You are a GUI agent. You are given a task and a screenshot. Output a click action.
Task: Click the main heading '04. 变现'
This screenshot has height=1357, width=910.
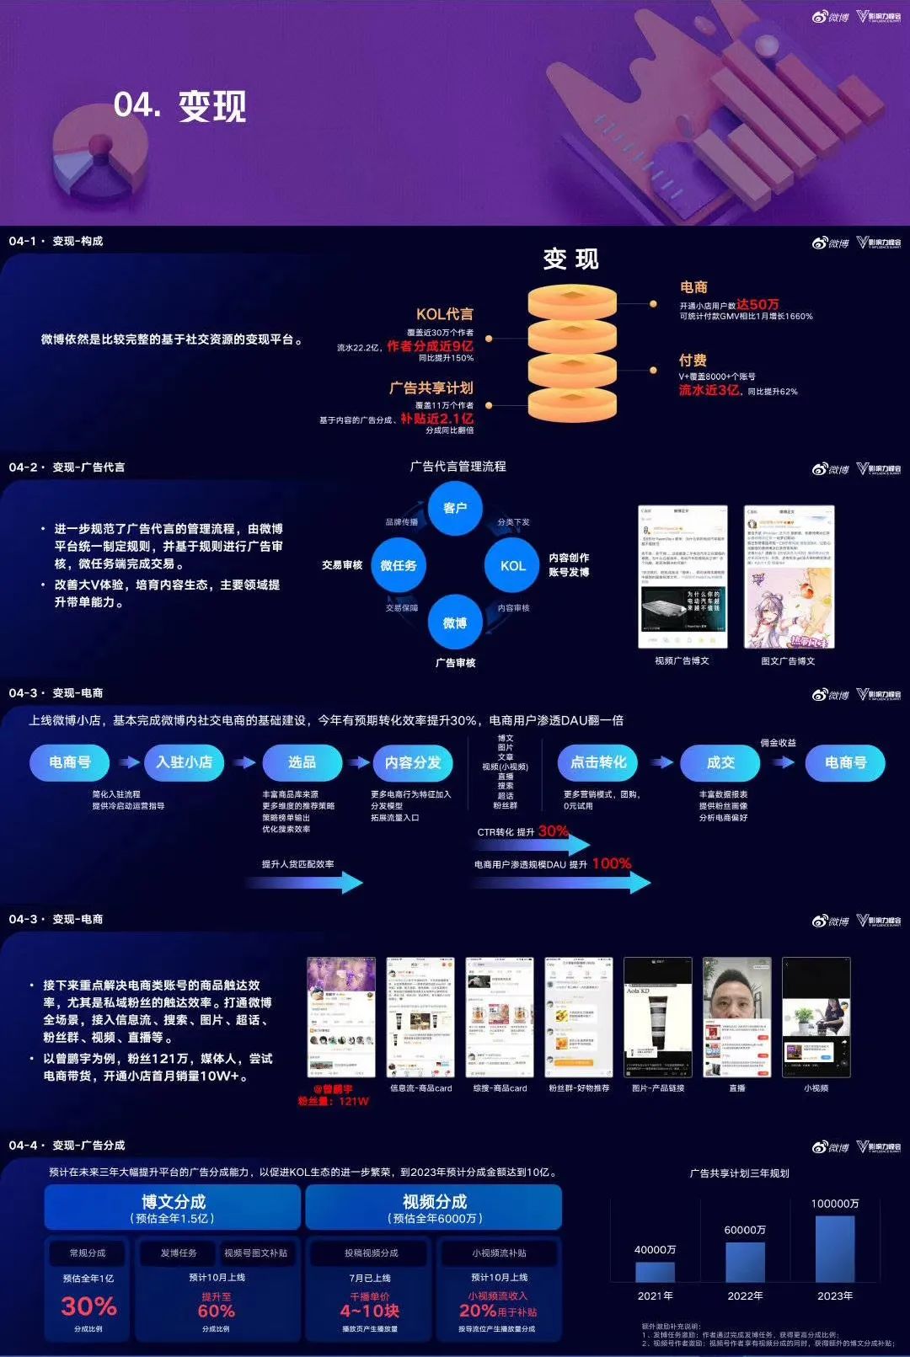click(x=179, y=107)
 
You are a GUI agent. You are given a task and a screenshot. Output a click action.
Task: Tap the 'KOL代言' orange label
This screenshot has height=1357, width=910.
click(x=444, y=314)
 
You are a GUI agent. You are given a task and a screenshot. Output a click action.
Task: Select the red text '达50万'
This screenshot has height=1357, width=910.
click(x=757, y=304)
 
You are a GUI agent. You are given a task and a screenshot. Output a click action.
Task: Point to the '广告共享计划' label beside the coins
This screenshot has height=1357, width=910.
click(x=431, y=387)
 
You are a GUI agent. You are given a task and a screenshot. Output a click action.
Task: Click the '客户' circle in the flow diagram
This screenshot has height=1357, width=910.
click(x=455, y=508)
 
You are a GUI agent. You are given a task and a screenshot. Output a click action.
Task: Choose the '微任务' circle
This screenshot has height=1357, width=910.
click(x=399, y=565)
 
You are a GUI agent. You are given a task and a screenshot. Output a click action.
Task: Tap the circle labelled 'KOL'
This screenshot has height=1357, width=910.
click(x=512, y=566)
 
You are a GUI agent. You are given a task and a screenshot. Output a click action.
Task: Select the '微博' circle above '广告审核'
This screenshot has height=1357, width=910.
click(x=455, y=622)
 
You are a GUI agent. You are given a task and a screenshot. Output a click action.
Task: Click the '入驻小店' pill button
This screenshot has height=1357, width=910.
click(x=185, y=762)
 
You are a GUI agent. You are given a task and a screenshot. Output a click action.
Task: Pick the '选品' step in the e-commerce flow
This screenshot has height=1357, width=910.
click(x=302, y=762)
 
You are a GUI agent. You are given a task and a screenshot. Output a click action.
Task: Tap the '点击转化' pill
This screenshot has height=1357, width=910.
click(x=598, y=762)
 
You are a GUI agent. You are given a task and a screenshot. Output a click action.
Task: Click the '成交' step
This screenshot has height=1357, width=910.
click(x=720, y=762)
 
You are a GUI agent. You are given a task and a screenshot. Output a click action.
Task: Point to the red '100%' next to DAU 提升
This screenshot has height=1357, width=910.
click(x=612, y=863)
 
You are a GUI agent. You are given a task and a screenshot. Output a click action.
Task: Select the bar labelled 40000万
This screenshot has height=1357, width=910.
click(x=655, y=1271)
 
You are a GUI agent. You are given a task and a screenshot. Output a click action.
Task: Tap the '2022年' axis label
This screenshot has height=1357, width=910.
click(x=745, y=1296)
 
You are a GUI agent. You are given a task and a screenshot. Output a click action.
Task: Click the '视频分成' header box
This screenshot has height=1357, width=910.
click(x=434, y=1207)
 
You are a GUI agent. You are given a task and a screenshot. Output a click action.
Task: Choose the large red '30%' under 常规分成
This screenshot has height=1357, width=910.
click(x=88, y=1306)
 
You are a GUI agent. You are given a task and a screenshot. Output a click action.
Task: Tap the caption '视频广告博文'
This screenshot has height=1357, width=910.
click(x=682, y=661)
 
